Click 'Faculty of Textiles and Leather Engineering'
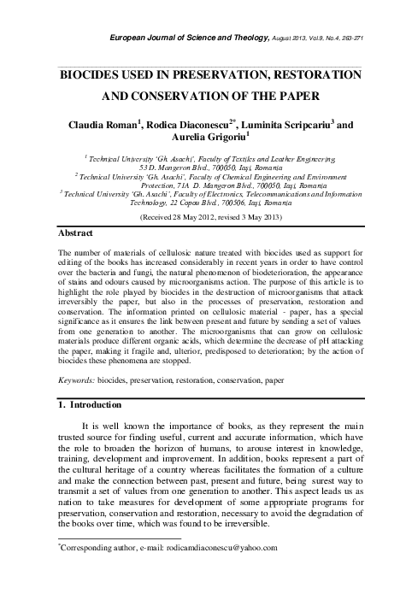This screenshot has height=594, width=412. click(255, 160)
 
